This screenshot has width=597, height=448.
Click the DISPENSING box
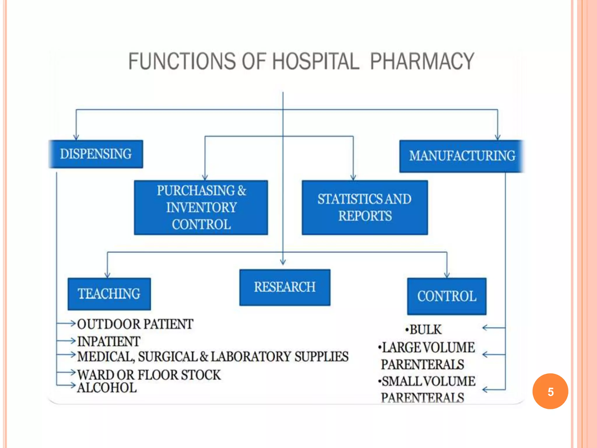(96, 154)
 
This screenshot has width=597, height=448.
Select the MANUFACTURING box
(462, 156)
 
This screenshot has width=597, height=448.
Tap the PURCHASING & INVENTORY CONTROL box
(201, 207)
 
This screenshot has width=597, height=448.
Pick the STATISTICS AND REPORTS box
(365, 207)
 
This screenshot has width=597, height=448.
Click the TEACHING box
(109, 294)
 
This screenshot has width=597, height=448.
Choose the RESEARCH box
(285, 287)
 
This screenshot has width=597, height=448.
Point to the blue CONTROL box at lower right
(447, 296)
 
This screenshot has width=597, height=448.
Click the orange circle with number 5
(550, 391)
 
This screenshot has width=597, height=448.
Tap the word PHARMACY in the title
(422, 61)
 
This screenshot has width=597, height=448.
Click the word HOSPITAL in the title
(316, 61)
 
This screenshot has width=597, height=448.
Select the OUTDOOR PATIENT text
(135, 324)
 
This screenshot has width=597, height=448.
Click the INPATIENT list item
(109, 341)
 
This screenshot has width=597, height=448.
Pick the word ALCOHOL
(107, 388)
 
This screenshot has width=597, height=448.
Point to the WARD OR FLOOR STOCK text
(149, 375)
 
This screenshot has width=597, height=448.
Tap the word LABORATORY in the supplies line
(251, 357)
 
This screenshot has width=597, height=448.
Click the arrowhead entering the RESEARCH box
(283, 262)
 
